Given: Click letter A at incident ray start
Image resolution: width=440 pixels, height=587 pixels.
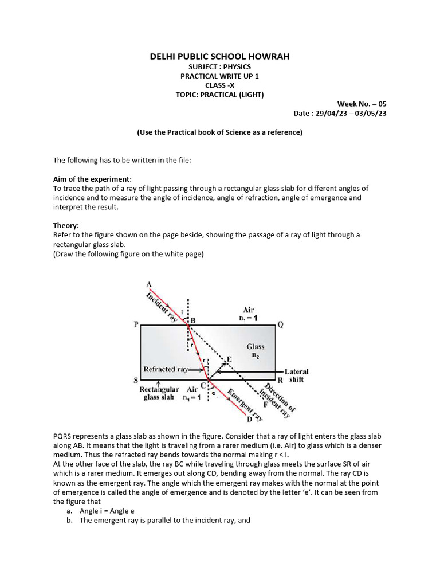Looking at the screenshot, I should tap(149, 284).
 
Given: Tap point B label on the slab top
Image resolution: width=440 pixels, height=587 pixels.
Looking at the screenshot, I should tap(193, 320).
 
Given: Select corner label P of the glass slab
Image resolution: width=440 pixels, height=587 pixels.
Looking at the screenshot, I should tap(136, 324).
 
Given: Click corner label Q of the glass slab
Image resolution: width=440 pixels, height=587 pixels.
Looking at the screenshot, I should tap(280, 324).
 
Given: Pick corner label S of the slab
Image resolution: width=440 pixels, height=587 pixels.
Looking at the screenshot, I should tap(136, 380).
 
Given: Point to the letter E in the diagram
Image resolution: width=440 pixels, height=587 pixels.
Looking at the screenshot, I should tap(229, 359).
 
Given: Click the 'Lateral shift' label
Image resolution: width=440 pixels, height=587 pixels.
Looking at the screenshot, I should tap(296, 375).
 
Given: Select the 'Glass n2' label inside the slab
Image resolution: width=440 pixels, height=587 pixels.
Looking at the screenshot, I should tap(256, 351).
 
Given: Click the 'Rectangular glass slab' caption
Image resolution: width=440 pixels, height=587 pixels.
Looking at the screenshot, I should tap(160, 393).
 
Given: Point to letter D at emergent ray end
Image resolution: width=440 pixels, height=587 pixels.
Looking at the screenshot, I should tap(249, 420).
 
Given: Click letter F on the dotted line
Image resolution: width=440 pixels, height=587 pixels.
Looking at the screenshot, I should tap(265, 404).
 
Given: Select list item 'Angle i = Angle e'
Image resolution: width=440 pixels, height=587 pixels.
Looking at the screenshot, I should tap(107, 510).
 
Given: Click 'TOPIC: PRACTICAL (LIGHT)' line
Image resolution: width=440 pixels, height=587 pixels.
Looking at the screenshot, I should tap(219, 95).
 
